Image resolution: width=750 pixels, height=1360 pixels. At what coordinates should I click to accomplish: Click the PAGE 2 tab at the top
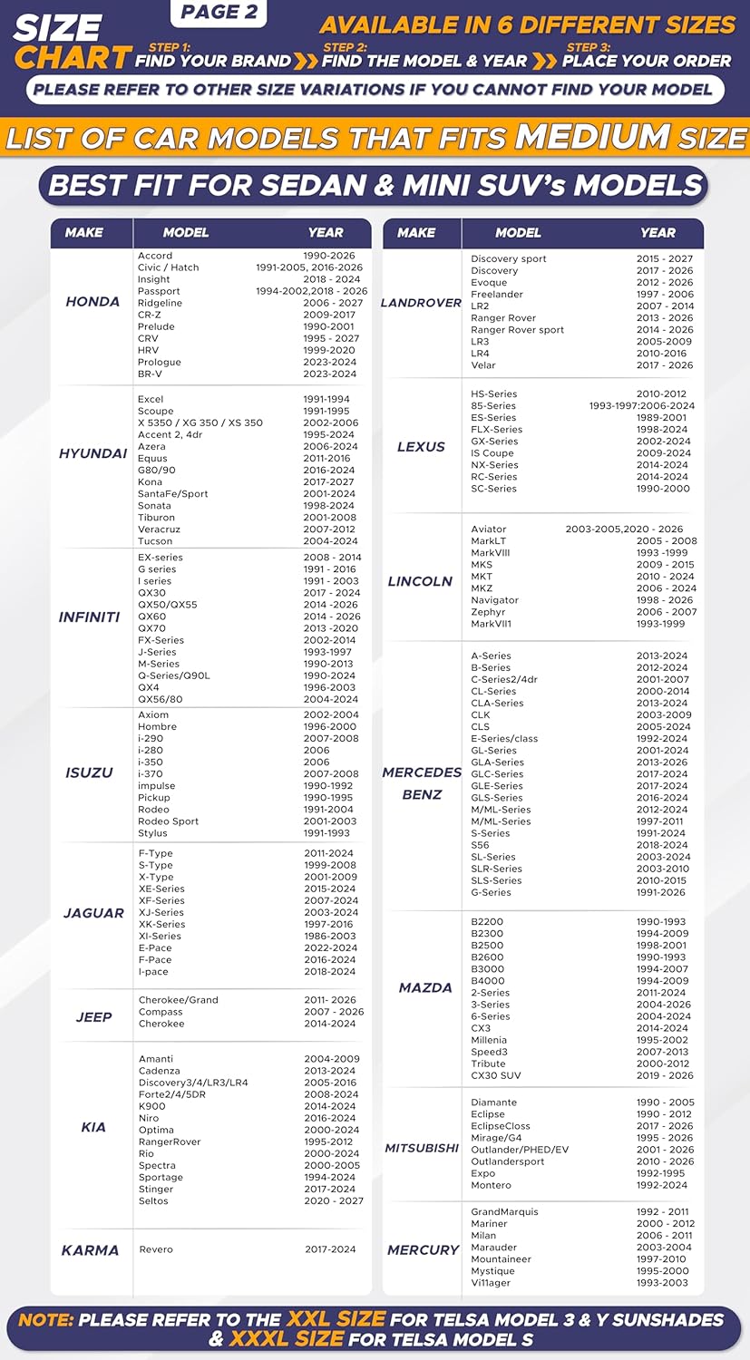(219, 13)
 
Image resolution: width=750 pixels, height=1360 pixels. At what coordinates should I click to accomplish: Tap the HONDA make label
(93, 302)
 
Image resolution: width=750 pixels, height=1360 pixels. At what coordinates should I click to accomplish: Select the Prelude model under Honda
(156, 326)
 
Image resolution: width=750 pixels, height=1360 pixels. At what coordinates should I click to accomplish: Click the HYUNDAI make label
(93, 453)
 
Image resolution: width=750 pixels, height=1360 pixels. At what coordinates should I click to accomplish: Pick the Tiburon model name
(156, 518)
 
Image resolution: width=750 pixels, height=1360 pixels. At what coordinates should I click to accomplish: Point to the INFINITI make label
(89, 617)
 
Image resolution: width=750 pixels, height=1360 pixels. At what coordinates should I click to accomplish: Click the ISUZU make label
(89, 773)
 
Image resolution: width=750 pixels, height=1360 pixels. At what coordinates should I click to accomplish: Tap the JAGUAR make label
(93, 913)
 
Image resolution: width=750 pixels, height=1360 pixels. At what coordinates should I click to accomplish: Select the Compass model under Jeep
(161, 1012)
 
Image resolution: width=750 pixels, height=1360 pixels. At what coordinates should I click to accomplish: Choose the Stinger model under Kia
(156, 1190)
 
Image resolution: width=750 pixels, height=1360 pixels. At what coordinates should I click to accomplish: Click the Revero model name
(156, 1249)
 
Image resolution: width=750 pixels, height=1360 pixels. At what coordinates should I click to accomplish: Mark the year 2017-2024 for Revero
(330, 1249)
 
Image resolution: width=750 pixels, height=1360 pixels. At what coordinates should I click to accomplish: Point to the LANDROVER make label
(421, 303)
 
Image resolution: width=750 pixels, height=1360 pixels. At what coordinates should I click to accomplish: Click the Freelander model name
(497, 295)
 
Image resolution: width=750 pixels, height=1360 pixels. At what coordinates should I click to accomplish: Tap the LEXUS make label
(421, 447)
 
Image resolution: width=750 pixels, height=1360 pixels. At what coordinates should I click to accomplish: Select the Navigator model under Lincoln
(495, 600)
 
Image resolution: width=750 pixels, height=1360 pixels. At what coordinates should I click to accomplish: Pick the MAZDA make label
(425, 988)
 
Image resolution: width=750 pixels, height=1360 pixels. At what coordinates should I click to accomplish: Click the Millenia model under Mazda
(489, 1040)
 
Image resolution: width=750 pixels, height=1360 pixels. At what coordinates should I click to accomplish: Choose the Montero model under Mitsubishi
(491, 1185)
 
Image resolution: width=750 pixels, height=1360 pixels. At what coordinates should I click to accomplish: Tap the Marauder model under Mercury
(493, 1248)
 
